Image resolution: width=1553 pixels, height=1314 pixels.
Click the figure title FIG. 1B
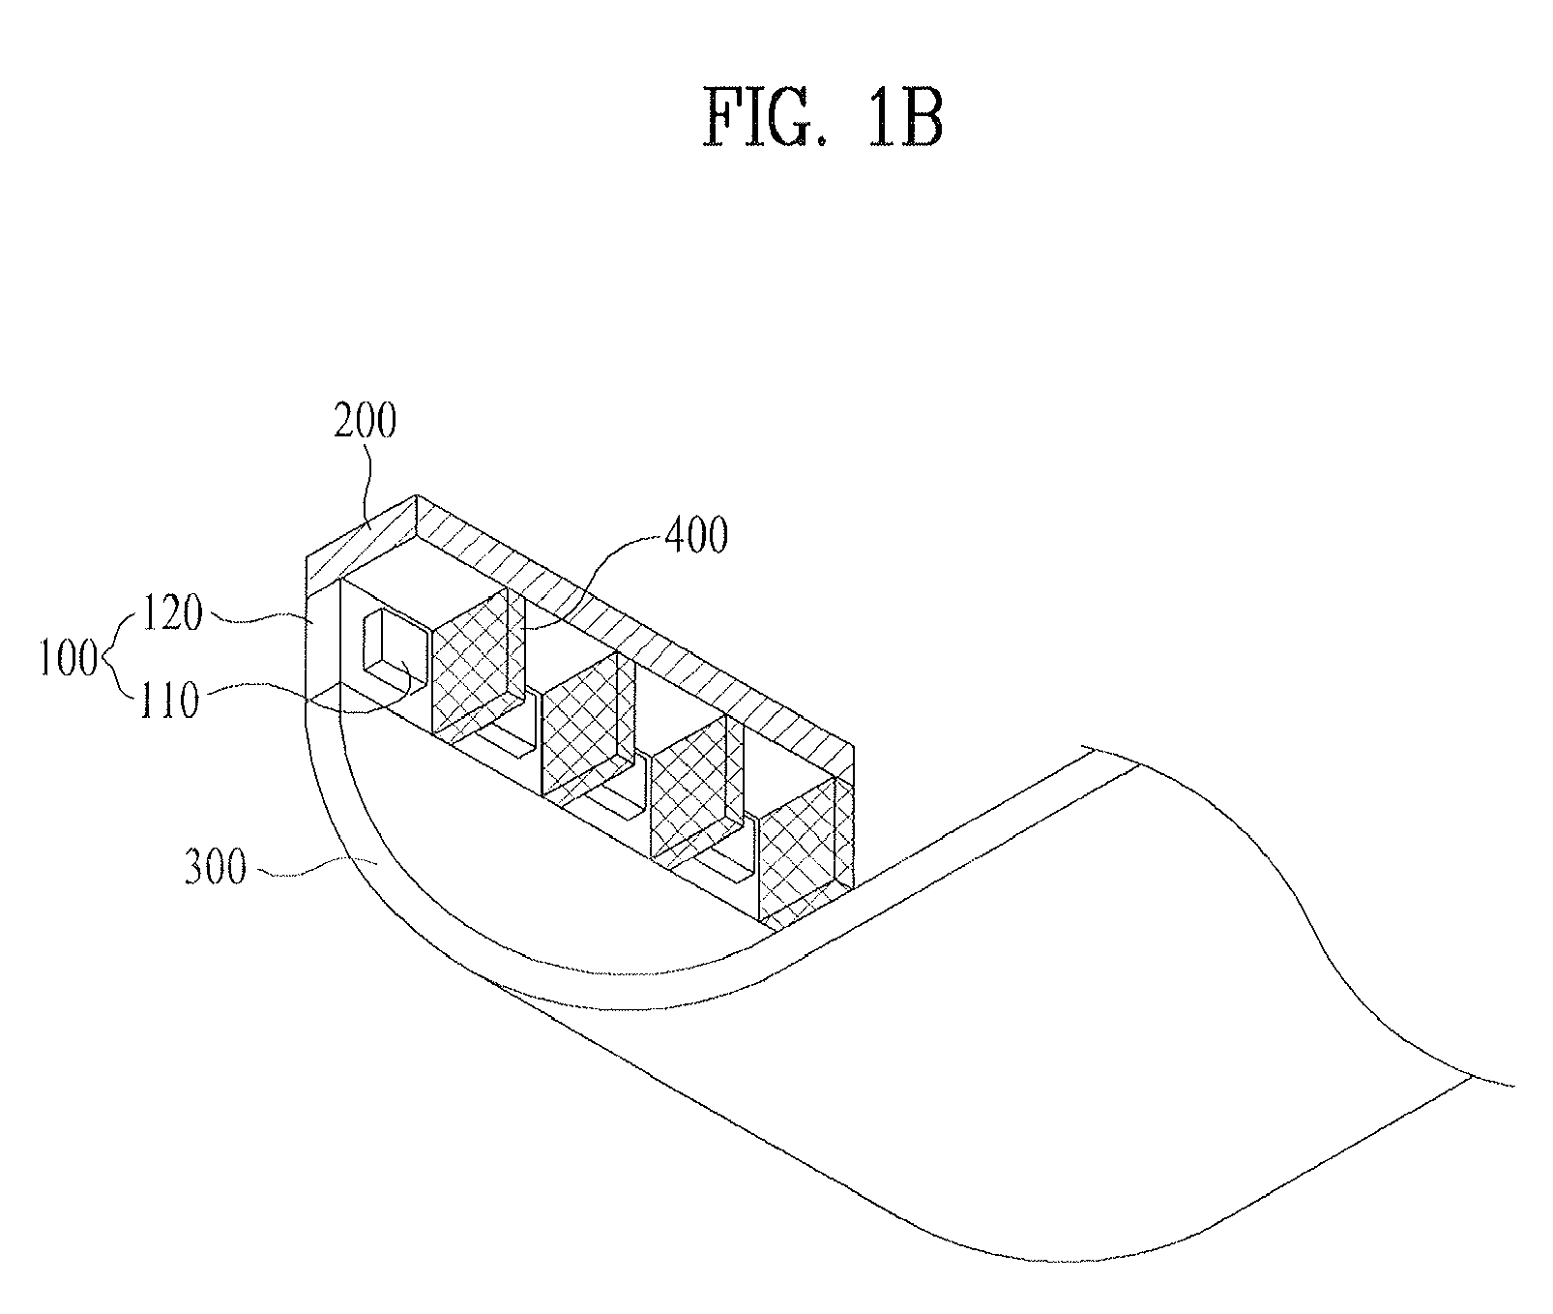pos(823,118)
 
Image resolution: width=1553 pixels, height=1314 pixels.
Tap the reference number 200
pos(366,423)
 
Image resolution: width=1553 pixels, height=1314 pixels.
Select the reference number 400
pos(695,536)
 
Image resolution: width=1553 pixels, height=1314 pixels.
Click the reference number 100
pos(69,661)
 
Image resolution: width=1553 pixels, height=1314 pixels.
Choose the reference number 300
pos(216,868)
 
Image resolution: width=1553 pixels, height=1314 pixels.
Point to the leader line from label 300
pos(309,868)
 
